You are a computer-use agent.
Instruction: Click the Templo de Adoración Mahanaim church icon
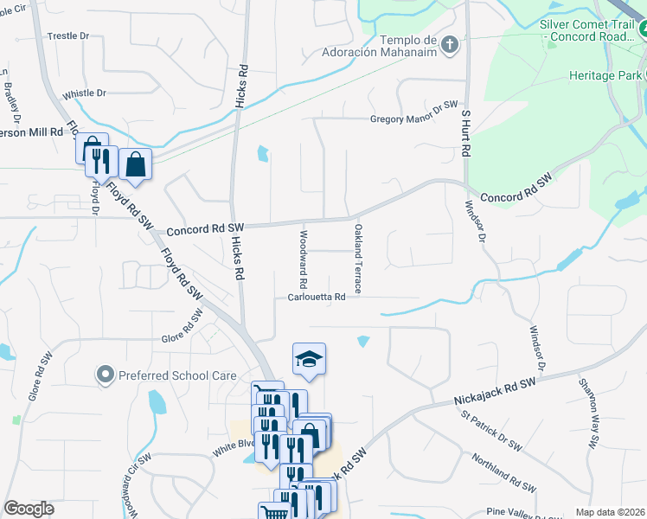[x=449, y=43]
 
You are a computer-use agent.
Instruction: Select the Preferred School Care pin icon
[x=106, y=375]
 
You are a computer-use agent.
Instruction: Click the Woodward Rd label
[x=304, y=259]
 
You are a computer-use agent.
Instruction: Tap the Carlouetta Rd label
[x=317, y=297]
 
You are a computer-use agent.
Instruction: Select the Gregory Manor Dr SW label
[x=413, y=119]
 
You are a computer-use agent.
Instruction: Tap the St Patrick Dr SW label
[x=491, y=431]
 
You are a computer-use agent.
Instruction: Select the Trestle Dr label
[x=68, y=35]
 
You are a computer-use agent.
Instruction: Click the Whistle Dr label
[x=84, y=93]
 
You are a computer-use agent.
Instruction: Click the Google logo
[x=29, y=509]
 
